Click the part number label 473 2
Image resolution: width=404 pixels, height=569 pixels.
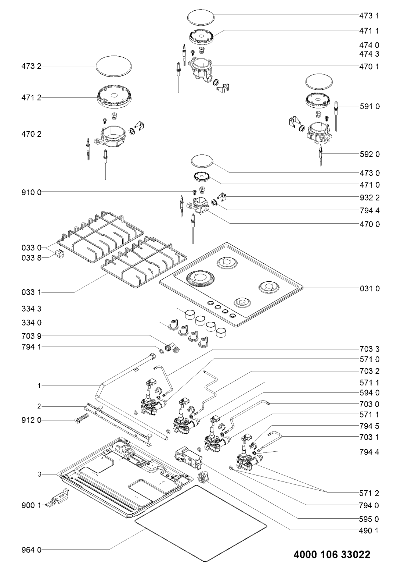pos(31,67)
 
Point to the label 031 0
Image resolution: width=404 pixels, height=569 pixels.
pos(369,289)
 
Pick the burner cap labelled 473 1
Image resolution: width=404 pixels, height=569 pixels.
pos(201,18)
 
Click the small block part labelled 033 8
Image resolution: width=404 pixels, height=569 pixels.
pos(59,253)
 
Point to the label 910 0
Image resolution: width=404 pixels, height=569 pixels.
pos(31,192)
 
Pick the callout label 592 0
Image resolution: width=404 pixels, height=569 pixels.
pos(369,154)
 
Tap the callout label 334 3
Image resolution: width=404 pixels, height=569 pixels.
pos(31,309)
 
